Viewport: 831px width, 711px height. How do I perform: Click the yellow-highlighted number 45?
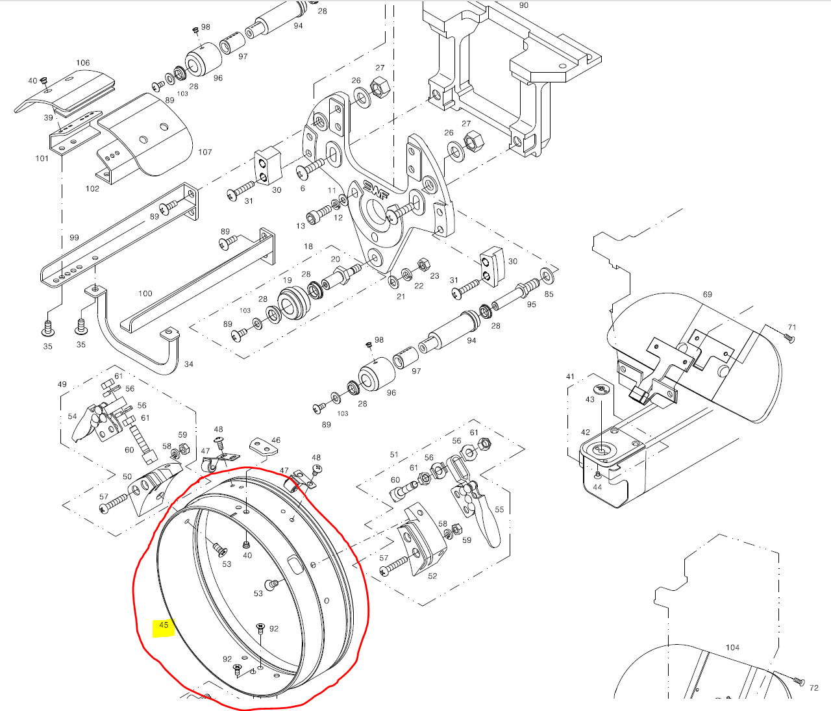pyautogui.click(x=164, y=625)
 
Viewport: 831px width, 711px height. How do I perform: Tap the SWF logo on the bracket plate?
pyautogui.click(x=376, y=190)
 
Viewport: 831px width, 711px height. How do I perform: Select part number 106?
pyautogui.click(x=83, y=63)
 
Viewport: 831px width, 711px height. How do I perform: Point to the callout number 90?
pyautogui.click(x=523, y=5)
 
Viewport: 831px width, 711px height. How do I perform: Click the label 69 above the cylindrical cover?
pyautogui.click(x=707, y=294)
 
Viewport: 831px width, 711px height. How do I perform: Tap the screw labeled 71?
pyautogui.click(x=789, y=339)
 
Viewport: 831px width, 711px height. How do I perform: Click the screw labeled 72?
pyautogui.click(x=799, y=681)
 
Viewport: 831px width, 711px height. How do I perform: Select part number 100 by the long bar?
pyautogui.click(x=145, y=293)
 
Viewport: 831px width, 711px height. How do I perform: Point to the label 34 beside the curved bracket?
pyautogui.click(x=188, y=364)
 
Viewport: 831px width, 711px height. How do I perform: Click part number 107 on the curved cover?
pyautogui.click(x=205, y=152)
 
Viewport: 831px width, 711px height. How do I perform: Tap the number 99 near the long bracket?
pyautogui.click(x=75, y=238)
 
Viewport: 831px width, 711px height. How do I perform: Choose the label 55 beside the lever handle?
pyautogui.click(x=499, y=510)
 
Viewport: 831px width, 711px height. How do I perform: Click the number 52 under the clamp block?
pyautogui.click(x=432, y=576)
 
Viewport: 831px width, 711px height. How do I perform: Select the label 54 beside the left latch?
pyautogui.click(x=72, y=416)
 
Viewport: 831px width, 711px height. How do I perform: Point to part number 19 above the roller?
pyautogui.click(x=287, y=281)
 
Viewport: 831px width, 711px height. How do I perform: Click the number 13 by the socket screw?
pyautogui.click(x=301, y=226)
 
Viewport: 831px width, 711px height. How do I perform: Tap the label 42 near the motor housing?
pyautogui.click(x=586, y=432)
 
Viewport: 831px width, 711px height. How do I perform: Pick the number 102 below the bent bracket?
pyautogui.click(x=92, y=188)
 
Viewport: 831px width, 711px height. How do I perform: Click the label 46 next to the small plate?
pyautogui.click(x=276, y=440)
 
